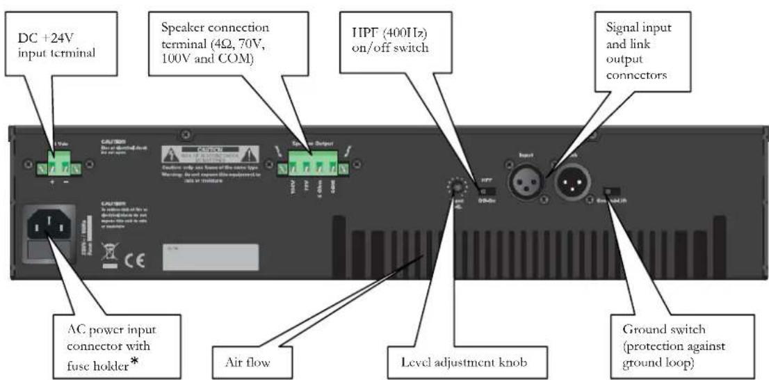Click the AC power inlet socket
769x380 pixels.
[49, 225]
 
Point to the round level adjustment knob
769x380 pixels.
[455, 186]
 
